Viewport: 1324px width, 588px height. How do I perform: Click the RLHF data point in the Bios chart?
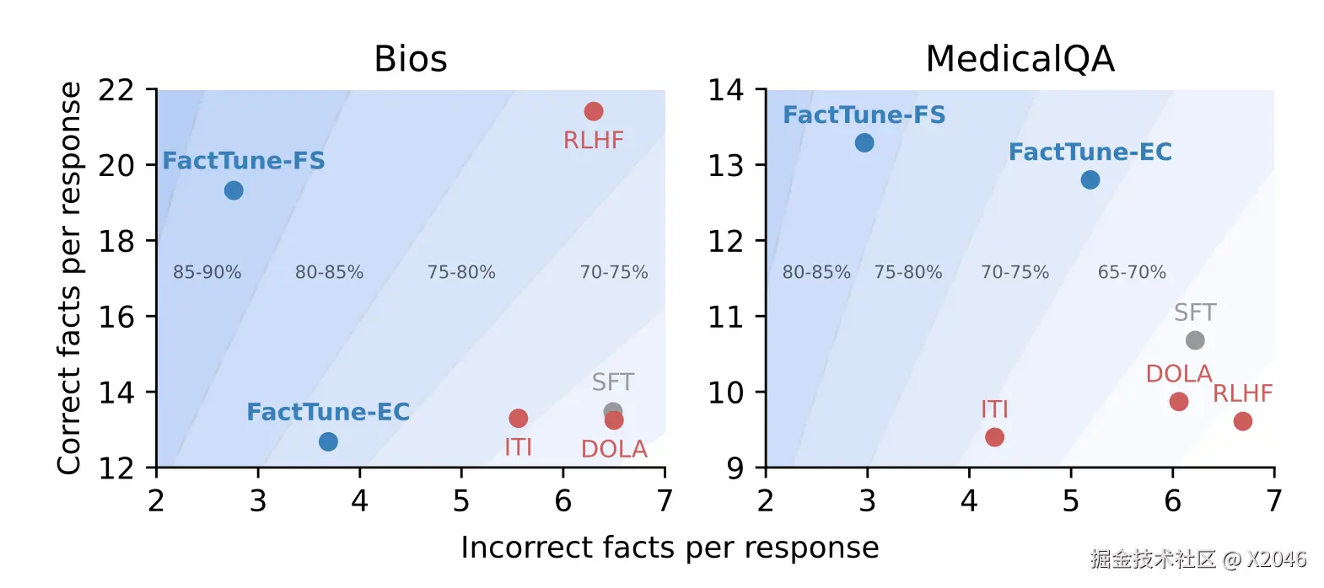click(x=594, y=111)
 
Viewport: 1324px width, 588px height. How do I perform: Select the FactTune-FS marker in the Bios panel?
click(x=234, y=190)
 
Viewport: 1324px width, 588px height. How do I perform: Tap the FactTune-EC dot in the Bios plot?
click(x=328, y=441)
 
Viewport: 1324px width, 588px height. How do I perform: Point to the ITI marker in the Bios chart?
click(x=519, y=418)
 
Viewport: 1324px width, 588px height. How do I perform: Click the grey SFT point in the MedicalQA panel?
click(x=1195, y=340)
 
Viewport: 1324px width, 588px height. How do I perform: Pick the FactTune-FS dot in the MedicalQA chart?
click(x=864, y=142)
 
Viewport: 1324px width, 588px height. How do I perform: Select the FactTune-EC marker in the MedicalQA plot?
click(x=1090, y=179)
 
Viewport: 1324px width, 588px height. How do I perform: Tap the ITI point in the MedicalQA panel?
click(x=994, y=437)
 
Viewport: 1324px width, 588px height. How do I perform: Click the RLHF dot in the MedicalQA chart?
click(x=1243, y=421)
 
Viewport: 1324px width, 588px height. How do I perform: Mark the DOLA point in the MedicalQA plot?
click(x=1179, y=402)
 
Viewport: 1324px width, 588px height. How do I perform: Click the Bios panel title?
click(x=411, y=59)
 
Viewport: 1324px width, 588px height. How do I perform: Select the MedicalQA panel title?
click(x=1020, y=59)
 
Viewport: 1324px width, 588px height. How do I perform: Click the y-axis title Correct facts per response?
click(x=70, y=278)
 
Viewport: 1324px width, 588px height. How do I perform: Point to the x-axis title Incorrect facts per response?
click(x=670, y=548)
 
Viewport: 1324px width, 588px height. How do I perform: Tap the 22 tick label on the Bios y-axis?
click(x=116, y=90)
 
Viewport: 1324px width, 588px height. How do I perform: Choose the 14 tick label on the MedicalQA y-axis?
click(x=725, y=90)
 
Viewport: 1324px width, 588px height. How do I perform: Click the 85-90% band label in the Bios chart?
click(x=207, y=272)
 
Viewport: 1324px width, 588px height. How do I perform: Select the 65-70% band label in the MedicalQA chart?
click(x=1132, y=272)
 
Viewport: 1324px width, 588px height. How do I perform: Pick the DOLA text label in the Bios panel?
click(x=614, y=449)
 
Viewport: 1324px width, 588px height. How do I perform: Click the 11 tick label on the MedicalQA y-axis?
click(x=725, y=317)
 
